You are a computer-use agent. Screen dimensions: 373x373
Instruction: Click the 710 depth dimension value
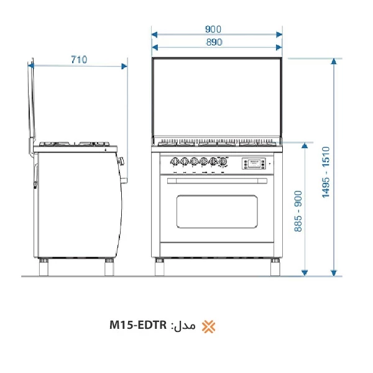[78, 60]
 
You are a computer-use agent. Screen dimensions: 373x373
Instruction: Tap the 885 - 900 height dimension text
[298, 211]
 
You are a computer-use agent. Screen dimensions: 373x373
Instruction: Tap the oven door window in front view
[217, 211]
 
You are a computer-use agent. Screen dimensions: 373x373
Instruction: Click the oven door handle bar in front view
[217, 181]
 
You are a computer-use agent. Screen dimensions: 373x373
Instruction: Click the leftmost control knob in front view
[175, 160]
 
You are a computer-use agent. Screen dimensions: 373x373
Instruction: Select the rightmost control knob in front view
[222, 160]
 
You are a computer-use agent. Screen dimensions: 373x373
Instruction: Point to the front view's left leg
[160, 266]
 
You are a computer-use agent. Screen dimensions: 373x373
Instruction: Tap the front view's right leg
[274, 266]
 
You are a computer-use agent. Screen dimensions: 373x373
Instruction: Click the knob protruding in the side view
[122, 161]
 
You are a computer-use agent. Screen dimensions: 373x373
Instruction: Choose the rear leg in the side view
[45, 266]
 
